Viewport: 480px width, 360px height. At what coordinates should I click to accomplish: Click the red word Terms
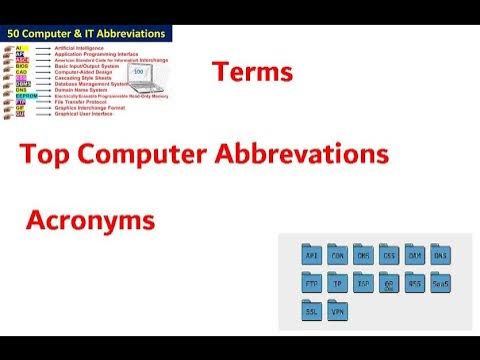pos(252,74)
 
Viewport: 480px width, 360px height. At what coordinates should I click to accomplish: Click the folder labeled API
pos(312,256)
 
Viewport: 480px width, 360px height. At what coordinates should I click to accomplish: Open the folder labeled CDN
pos(338,256)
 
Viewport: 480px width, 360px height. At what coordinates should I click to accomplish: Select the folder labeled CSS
pos(390,256)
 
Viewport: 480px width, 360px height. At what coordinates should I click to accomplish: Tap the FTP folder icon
pos(312,284)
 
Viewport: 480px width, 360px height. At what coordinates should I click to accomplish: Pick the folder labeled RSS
pos(416,284)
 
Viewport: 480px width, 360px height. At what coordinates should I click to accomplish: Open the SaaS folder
pos(442,284)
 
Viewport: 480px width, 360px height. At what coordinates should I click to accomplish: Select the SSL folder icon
pos(312,311)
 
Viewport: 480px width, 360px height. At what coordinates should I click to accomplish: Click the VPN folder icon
pos(338,311)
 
